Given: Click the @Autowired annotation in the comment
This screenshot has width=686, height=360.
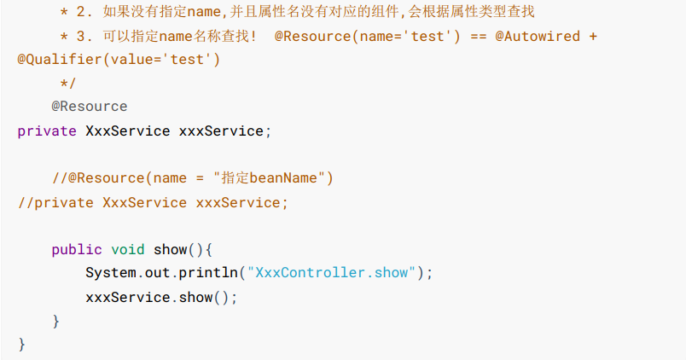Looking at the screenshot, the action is point(538,37).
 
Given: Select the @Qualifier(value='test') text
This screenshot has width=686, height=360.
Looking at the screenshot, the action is point(119,60).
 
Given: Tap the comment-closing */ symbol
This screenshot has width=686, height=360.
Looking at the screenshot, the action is point(68,83).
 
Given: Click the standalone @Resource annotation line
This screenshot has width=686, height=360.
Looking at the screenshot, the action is point(89,107).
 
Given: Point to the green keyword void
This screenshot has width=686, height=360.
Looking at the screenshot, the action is point(128,250).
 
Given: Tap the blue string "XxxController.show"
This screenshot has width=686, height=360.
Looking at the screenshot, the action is point(330,273).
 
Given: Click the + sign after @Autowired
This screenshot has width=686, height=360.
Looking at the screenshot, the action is point(593,37).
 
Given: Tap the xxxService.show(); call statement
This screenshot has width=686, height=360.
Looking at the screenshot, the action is point(161,297).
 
